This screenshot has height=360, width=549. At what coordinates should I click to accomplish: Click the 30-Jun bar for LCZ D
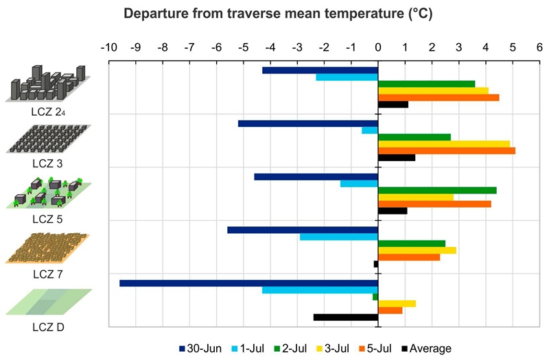(x=248, y=283)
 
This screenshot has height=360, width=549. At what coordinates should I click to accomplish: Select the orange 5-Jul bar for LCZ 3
(x=446, y=151)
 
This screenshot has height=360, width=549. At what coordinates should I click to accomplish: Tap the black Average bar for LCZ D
(x=346, y=317)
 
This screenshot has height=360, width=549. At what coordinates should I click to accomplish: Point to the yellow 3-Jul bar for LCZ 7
(x=417, y=250)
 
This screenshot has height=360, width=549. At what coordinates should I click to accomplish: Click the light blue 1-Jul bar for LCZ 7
(x=339, y=237)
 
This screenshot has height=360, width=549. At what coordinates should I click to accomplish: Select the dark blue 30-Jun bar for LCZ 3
(x=308, y=123)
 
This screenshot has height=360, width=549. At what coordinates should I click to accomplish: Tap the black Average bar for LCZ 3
(x=397, y=158)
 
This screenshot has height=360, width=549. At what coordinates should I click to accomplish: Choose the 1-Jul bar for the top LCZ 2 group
(x=347, y=77)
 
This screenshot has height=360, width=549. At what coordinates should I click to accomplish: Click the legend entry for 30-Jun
(x=200, y=348)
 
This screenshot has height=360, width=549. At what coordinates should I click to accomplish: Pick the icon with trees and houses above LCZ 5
(x=47, y=193)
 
